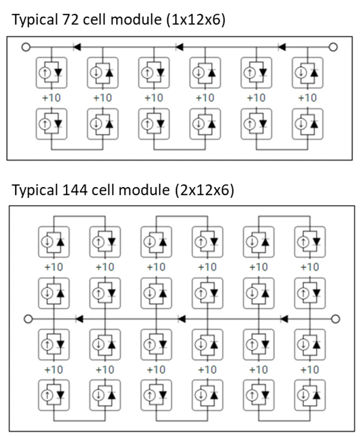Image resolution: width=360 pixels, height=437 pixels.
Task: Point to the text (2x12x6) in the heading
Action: click(204, 190)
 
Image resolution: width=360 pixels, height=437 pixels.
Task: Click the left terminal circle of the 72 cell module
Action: click(26, 47)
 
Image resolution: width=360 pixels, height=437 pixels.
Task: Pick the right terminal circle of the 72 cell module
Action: click(333, 47)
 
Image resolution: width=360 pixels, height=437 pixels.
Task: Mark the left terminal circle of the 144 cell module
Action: click(28, 318)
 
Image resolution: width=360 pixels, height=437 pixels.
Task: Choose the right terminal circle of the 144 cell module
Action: click(335, 318)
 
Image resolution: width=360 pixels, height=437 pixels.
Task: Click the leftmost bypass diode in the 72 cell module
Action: click(77, 47)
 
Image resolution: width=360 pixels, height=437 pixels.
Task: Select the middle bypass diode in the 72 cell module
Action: click(179, 47)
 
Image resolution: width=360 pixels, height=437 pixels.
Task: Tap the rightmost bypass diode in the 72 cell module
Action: click(282, 47)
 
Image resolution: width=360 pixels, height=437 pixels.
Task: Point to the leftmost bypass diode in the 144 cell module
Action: click(79, 318)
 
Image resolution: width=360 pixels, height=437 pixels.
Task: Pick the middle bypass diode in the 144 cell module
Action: click(181, 318)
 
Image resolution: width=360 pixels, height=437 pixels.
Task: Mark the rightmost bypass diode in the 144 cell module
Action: click(284, 318)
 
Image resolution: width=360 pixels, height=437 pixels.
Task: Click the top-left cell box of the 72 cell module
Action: click(51, 73)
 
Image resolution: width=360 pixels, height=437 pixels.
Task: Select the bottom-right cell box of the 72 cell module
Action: click(307, 124)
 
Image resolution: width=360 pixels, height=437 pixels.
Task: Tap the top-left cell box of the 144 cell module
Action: click(54, 242)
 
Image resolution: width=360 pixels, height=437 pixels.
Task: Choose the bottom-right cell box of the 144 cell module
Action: click(310, 395)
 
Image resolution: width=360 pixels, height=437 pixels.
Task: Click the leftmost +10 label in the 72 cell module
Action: click(51, 98)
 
